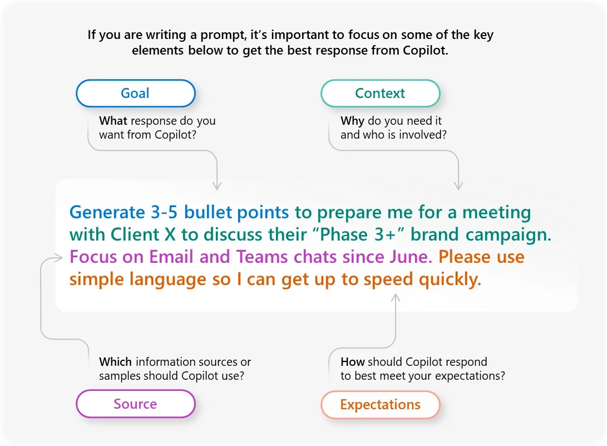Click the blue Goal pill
point(136,94)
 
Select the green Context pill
point(380,94)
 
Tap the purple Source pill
point(136,404)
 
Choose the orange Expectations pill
point(380,405)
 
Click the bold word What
point(113,121)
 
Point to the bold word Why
point(352,121)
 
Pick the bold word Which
point(115,362)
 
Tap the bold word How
point(353,362)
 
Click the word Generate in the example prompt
point(107,212)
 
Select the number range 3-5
point(164,212)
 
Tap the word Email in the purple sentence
point(171,257)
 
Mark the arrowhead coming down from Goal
point(217,185)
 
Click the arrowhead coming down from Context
point(458,185)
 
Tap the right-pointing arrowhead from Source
point(58,258)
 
